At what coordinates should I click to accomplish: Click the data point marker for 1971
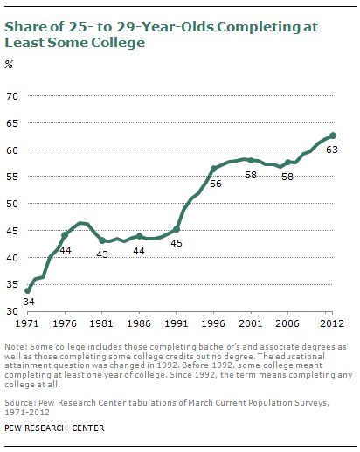[x=27, y=290]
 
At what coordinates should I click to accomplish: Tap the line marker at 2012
[x=333, y=136]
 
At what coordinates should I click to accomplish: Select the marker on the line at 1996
[x=213, y=169]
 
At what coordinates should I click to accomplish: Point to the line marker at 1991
[x=177, y=229]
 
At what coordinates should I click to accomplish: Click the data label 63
[x=332, y=150]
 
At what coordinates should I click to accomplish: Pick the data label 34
[x=29, y=302]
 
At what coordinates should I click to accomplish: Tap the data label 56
[x=216, y=184]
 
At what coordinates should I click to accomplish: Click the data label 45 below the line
[x=177, y=243]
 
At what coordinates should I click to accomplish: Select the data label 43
[x=102, y=254]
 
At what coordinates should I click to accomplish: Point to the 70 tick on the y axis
[x=12, y=96]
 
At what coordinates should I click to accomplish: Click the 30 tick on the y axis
[x=12, y=311]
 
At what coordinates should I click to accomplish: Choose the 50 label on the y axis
[x=12, y=204]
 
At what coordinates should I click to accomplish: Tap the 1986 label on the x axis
[x=139, y=323]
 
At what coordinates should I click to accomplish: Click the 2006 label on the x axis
[x=287, y=323]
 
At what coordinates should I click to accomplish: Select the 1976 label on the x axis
[x=65, y=323]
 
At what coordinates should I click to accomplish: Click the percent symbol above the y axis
[x=9, y=65]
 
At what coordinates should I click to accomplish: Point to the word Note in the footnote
[x=15, y=347]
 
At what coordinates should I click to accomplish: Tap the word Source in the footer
[x=19, y=403]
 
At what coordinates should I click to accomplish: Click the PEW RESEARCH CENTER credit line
[x=54, y=428]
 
